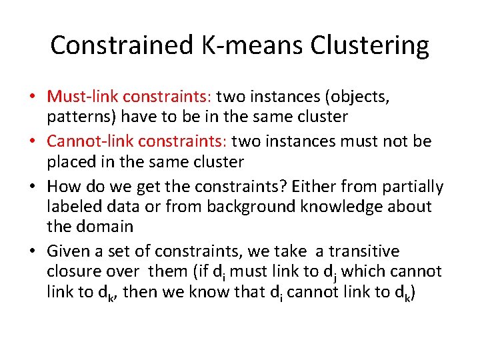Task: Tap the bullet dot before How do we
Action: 32,187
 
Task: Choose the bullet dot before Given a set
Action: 32,252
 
